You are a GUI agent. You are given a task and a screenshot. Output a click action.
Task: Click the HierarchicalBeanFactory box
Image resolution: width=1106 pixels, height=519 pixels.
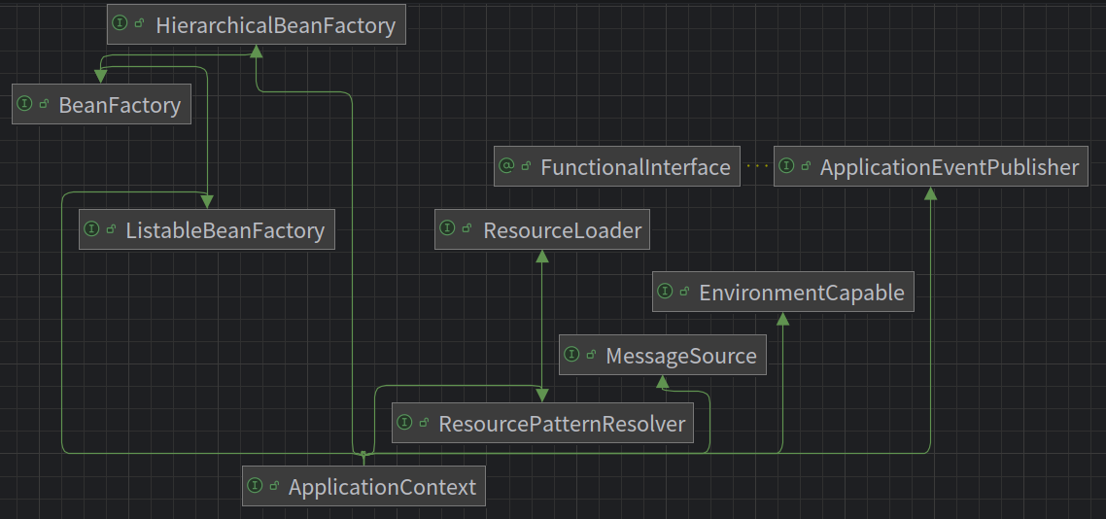pos(257,24)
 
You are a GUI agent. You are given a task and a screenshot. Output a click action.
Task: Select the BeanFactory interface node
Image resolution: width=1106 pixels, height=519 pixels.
pos(102,104)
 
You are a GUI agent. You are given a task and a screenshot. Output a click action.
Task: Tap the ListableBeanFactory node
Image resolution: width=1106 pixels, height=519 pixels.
pos(207,230)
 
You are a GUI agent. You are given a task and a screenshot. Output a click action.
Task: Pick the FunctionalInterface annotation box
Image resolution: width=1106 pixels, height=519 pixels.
pos(617,166)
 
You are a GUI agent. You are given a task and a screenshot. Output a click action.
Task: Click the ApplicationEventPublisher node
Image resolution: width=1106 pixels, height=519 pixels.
pos(931,166)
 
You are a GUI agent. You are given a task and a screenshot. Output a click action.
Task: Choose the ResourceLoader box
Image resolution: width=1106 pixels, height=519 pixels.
pos(542,230)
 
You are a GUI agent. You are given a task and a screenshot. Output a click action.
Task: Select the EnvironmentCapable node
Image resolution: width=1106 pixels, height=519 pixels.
pos(783,292)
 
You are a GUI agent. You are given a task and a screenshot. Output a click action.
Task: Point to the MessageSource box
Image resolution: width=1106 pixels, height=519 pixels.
pos(663,355)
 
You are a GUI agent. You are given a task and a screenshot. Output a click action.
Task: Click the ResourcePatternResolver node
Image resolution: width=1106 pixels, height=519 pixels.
pos(542,423)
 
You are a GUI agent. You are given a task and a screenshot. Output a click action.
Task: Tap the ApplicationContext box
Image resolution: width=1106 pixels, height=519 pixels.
pos(363,486)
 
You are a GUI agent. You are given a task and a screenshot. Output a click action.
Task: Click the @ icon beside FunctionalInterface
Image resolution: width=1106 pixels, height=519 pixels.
pos(505,166)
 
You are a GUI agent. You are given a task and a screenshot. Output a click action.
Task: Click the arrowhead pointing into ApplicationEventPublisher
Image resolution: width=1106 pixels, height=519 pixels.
pos(931,192)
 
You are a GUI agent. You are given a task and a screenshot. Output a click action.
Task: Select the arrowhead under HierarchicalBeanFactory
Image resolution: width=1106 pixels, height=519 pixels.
pos(257,51)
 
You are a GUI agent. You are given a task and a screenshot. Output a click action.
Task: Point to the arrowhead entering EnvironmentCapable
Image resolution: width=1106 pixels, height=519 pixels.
pos(783,318)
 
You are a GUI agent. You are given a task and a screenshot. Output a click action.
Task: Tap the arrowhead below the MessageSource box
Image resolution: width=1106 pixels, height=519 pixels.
pos(663,381)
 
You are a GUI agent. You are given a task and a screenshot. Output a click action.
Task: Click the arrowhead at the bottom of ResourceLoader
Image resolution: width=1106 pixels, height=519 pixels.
pos(542,256)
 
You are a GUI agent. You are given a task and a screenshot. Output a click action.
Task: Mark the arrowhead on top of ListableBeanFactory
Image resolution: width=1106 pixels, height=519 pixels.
pos(207,203)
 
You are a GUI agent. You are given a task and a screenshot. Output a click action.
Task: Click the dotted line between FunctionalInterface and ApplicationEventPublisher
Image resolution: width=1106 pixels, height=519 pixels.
pos(757,166)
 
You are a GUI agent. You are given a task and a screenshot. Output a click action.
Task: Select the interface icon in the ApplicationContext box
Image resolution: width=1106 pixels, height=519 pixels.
pos(256,485)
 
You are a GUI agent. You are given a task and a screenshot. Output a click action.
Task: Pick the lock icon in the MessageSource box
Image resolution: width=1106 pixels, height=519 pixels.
pos(591,355)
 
